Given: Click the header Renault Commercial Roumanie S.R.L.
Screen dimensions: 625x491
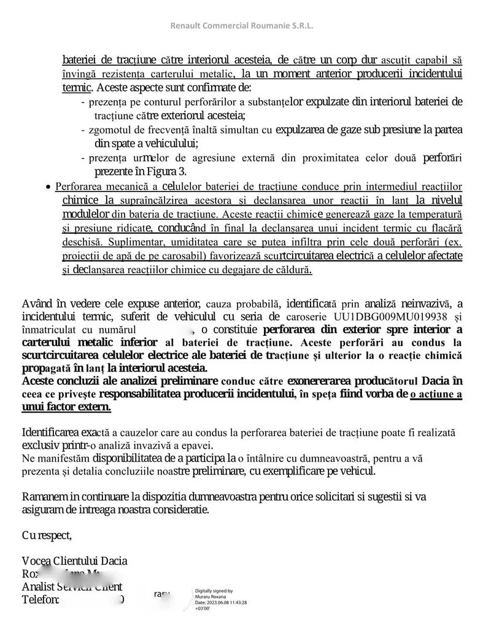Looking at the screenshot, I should click(245, 26).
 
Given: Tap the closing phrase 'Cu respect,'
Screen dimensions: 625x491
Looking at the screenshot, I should click(47, 535).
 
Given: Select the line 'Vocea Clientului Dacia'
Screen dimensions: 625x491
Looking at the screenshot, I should click(74, 561).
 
